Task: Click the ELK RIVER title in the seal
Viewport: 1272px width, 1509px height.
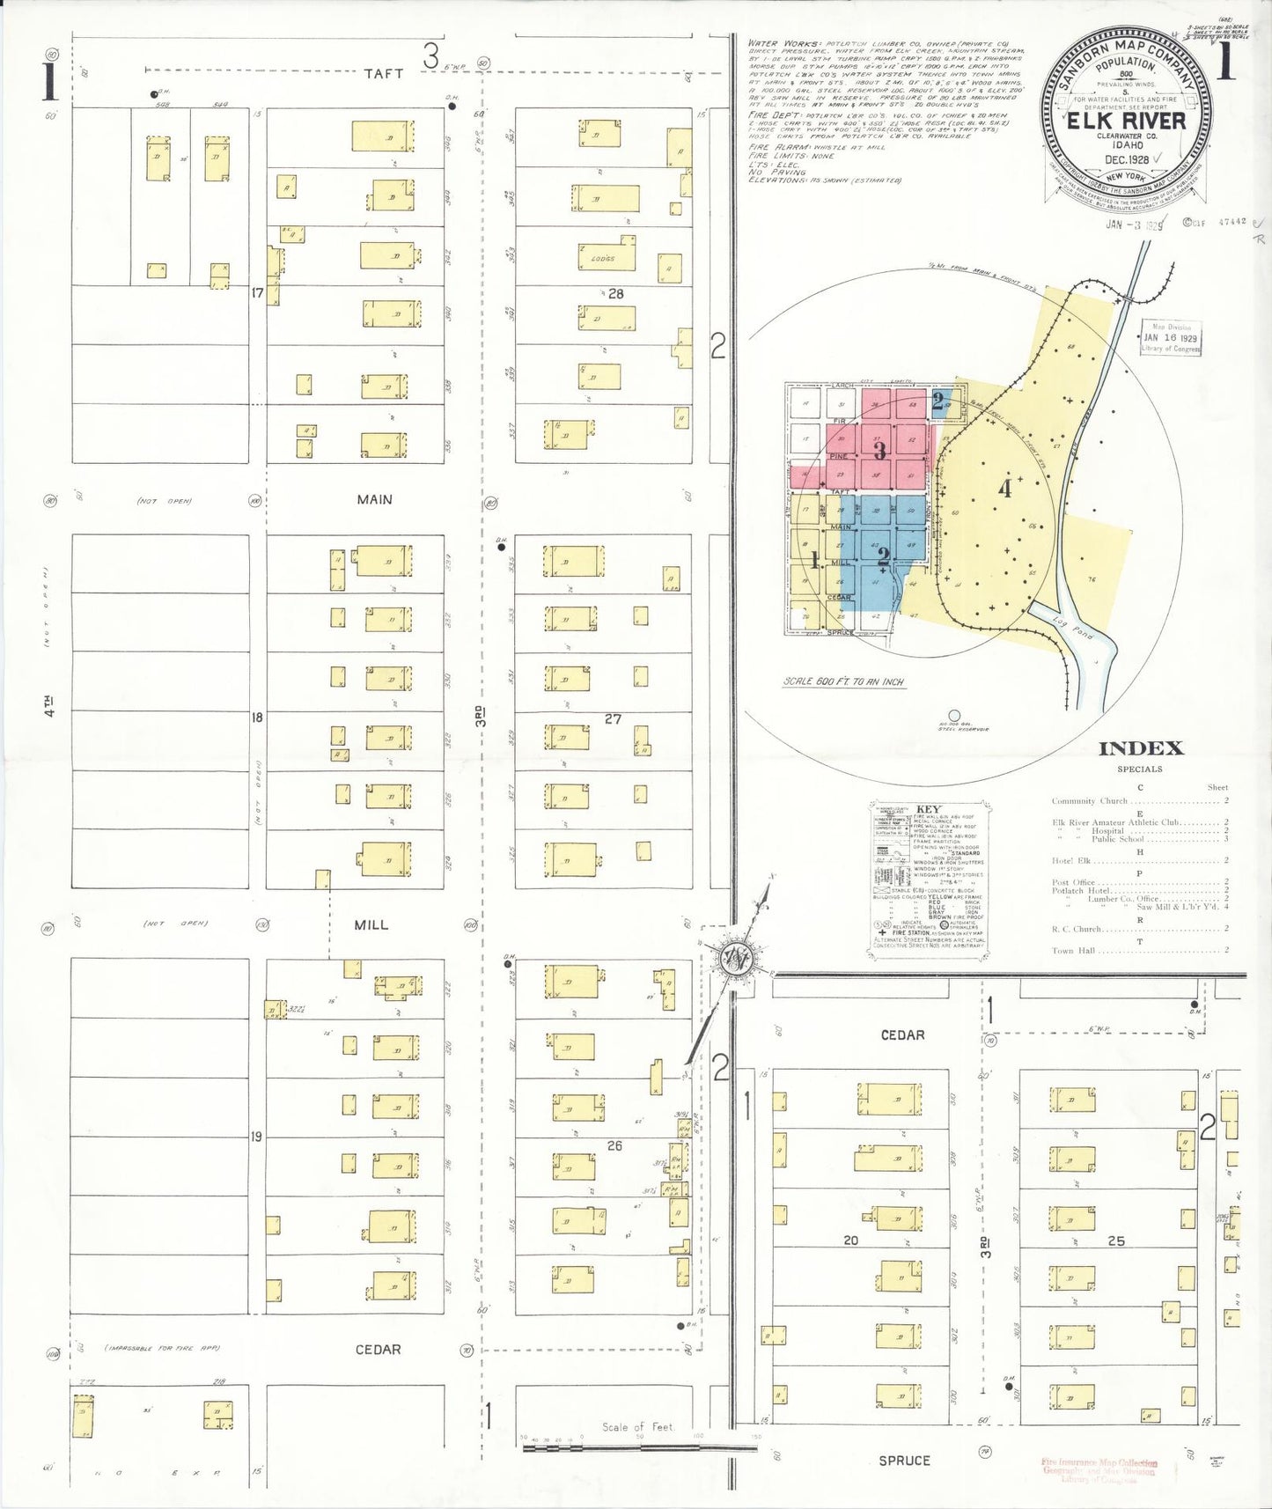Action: [1126, 121]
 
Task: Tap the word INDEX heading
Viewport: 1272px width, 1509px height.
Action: [1140, 748]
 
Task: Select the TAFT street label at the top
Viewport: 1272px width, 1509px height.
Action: [384, 74]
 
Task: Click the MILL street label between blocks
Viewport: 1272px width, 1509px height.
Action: [371, 924]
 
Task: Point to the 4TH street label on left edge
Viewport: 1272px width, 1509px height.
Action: [49, 706]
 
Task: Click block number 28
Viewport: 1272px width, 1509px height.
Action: [615, 293]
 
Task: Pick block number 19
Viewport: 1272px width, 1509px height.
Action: [256, 1137]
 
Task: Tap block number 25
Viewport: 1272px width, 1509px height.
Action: [1116, 1240]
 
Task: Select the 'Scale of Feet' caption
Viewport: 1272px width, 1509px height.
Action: [637, 1427]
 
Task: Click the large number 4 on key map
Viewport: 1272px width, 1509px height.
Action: [1004, 488]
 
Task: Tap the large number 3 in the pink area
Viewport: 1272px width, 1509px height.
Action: [879, 451]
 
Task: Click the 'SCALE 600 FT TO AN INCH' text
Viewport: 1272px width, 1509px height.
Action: [843, 681]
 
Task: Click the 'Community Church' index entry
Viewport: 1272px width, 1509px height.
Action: [1089, 801]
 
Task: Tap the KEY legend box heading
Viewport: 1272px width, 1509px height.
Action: [929, 809]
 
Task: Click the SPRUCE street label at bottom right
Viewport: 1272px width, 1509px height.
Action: [904, 1461]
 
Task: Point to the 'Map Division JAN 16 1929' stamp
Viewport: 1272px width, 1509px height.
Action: [1170, 337]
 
